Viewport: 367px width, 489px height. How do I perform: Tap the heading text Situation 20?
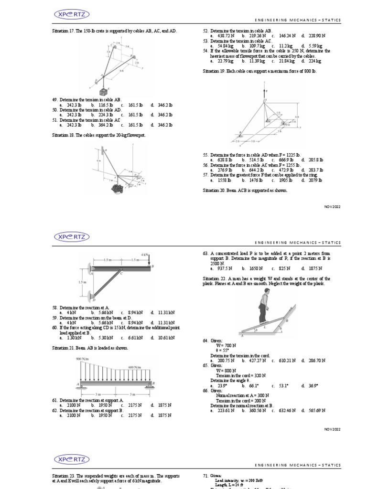[215, 190]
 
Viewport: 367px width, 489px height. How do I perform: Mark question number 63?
[205, 253]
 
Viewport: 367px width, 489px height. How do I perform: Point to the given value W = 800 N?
[221, 371]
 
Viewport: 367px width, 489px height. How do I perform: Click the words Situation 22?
[215, 278]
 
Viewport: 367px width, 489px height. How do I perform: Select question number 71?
[205, 476]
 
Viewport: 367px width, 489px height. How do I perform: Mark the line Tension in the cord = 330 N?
[234, 376]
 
